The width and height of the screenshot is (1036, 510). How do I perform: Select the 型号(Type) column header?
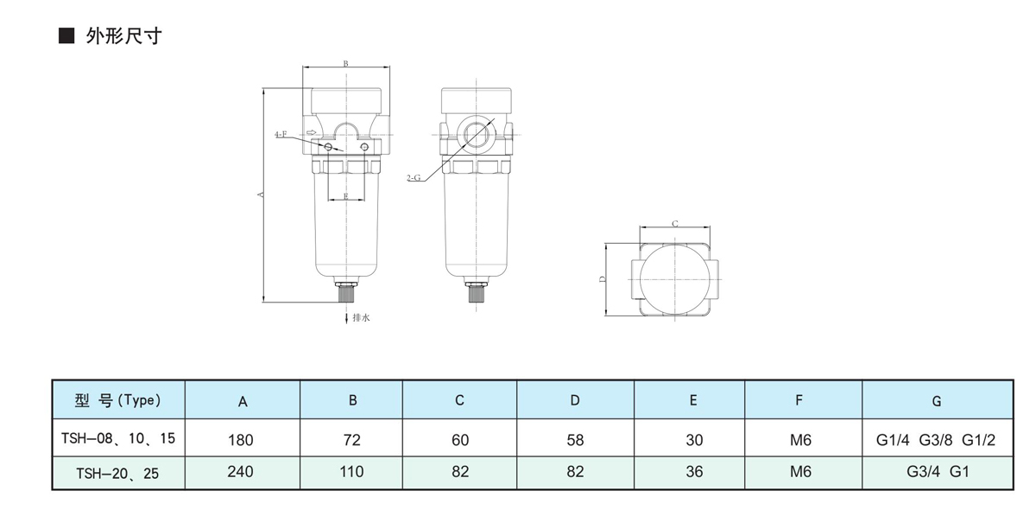[x=118, y=400]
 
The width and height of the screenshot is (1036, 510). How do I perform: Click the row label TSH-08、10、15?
[x=118, y=439]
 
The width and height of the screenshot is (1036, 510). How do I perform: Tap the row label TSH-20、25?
[x=118, y=472]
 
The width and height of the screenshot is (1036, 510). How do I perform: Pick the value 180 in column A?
[x=241, y=440]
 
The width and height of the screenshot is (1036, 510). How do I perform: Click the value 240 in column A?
[x=241, y=472]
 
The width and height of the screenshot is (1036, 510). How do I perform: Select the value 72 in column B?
[x=352, y=440]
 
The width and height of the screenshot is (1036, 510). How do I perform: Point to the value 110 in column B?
[x=352, y=472]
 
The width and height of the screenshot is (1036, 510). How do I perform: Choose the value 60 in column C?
[x=460, y=440]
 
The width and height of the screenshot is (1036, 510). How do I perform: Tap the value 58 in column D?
[x=575, y=440]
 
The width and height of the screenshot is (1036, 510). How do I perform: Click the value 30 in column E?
[x=694, y=440]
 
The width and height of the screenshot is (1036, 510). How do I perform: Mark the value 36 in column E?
[x=694, y=472]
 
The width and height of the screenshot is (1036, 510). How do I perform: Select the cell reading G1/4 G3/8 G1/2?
[x=937, y=440]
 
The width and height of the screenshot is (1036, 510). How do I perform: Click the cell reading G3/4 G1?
[x=937, y=472]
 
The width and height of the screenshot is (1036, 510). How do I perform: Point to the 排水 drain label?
[x=361, y=318]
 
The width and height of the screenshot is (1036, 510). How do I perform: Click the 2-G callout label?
[x=413, y=178]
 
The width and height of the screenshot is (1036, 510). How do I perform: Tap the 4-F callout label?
[x=281, y=135]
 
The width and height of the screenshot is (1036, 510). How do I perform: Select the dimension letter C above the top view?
[x=675, y=224]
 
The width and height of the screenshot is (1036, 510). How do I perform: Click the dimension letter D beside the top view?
[x=602, y=279]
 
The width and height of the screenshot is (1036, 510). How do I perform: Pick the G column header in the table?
[x=937, y=401]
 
